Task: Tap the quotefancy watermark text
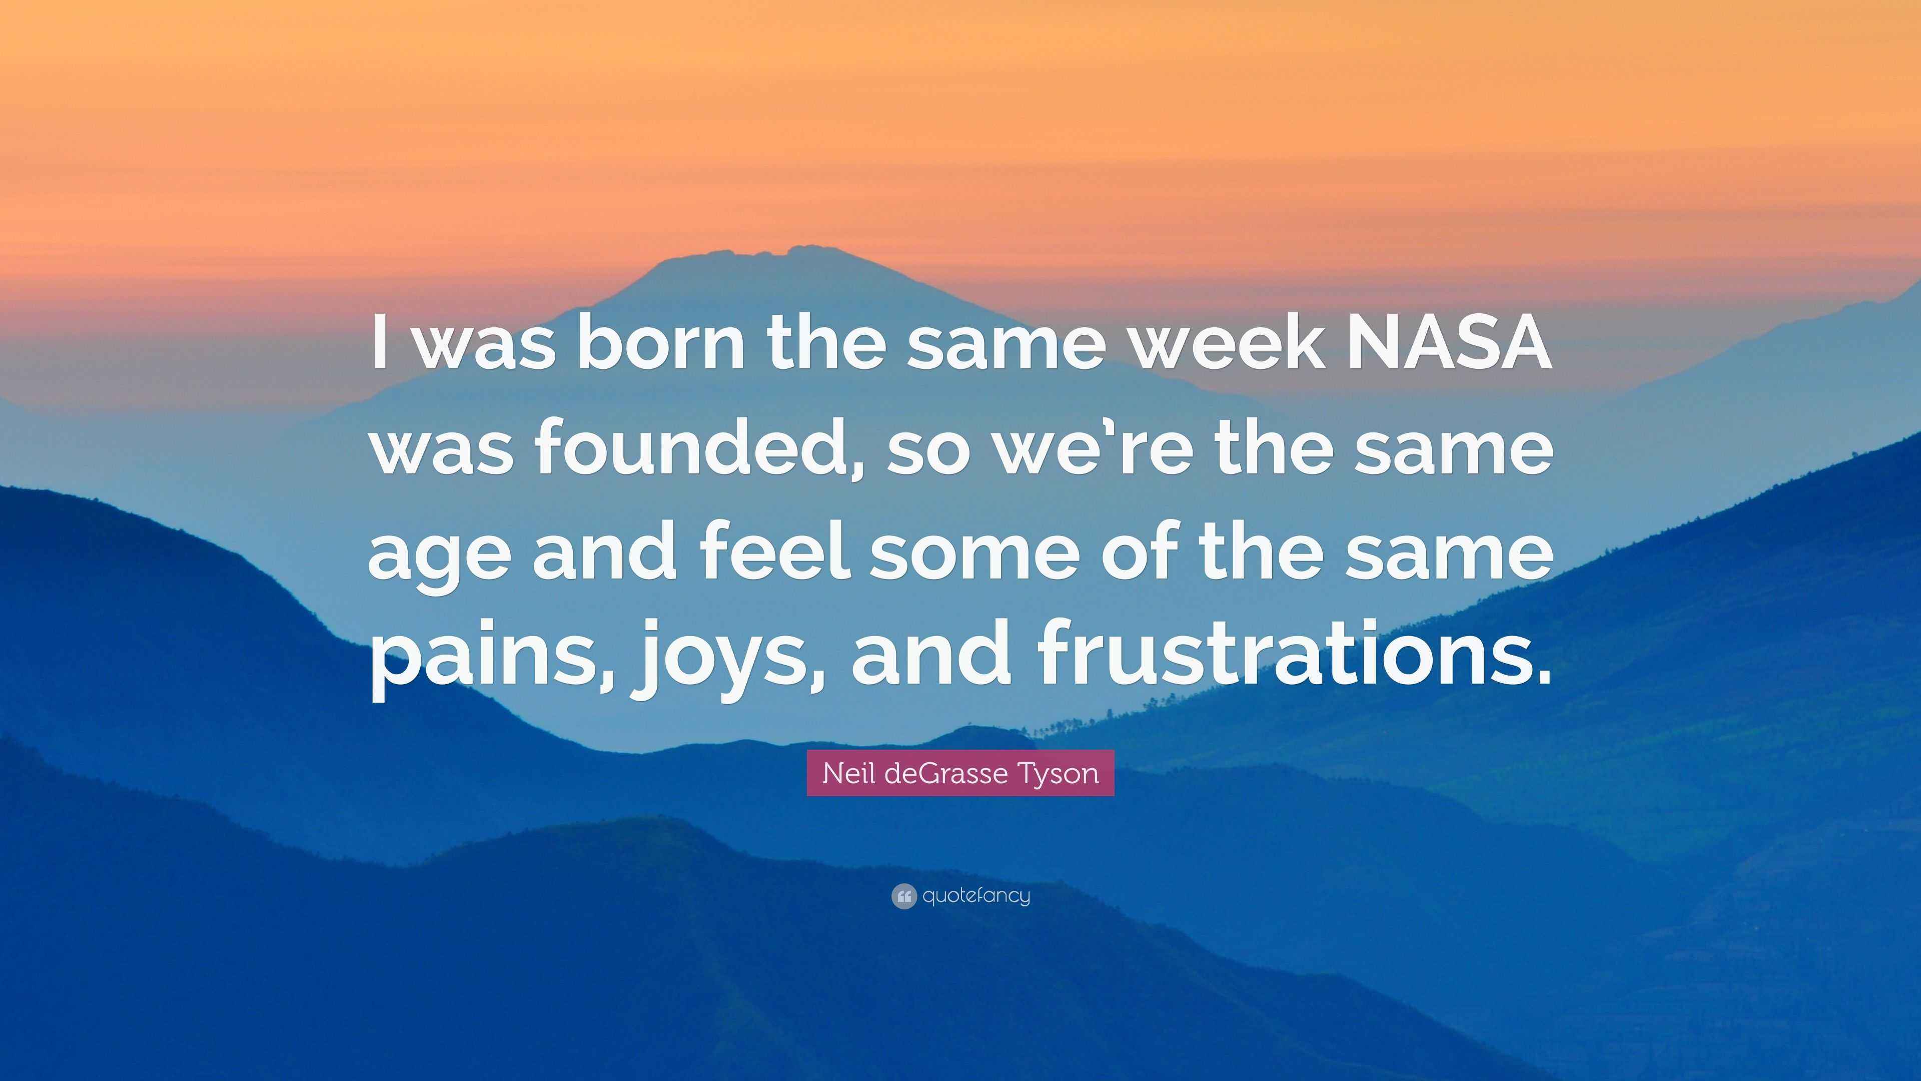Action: (976, 896)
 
